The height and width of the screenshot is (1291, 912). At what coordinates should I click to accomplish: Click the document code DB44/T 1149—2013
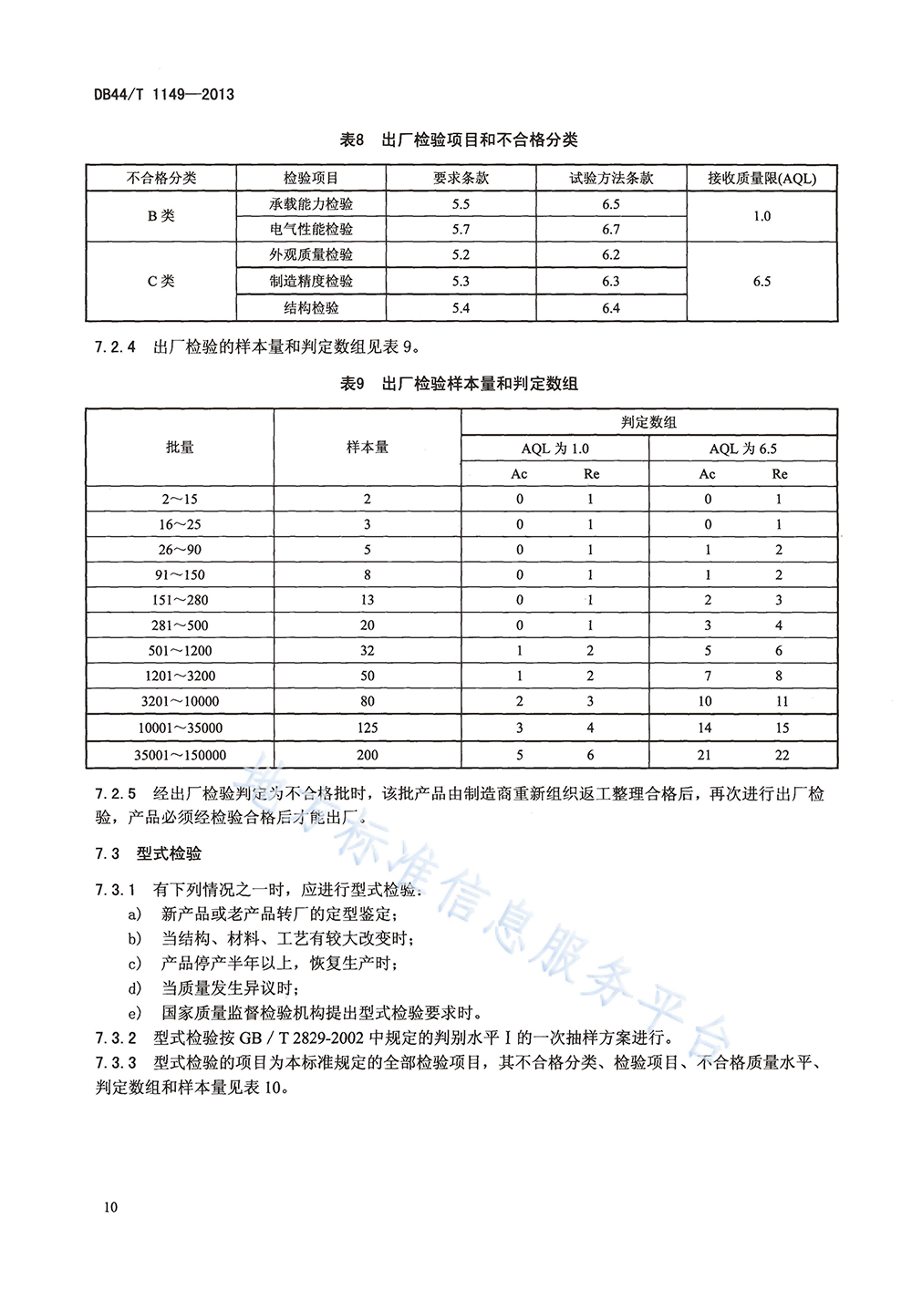[164, 94]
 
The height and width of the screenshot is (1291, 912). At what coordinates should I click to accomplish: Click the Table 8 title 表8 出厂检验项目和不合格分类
[459, 139]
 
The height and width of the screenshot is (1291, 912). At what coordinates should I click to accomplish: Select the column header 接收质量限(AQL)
[762, 178]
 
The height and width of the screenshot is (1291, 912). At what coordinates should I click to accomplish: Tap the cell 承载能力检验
[311, 204]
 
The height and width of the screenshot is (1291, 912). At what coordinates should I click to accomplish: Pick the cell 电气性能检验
[311, 229]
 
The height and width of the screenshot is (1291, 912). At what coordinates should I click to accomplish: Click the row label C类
[161, 281]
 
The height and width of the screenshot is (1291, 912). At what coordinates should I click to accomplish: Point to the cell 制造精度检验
[311, 281]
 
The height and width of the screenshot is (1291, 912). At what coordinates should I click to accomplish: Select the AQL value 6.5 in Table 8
[762, 281]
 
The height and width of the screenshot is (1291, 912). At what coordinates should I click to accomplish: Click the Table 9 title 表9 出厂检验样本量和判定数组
[459, 384]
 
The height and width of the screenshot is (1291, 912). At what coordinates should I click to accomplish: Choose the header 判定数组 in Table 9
[648, 422]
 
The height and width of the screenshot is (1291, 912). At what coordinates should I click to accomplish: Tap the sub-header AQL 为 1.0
[554, 449]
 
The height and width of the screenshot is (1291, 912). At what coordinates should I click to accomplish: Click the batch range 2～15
[180, 499]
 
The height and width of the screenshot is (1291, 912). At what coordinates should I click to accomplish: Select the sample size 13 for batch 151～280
[368, 600]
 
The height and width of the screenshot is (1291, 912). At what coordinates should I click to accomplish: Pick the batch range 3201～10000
[180, 701]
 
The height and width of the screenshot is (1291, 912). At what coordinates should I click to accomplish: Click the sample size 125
[368, 728]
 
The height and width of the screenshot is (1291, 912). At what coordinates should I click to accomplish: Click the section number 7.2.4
[115, 346]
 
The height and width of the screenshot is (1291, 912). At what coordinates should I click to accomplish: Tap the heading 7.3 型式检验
[148, 853]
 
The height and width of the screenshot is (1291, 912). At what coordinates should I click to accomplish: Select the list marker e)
[135, 1012]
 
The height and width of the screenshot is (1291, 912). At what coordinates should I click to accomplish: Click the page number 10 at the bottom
[110, 1207]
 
